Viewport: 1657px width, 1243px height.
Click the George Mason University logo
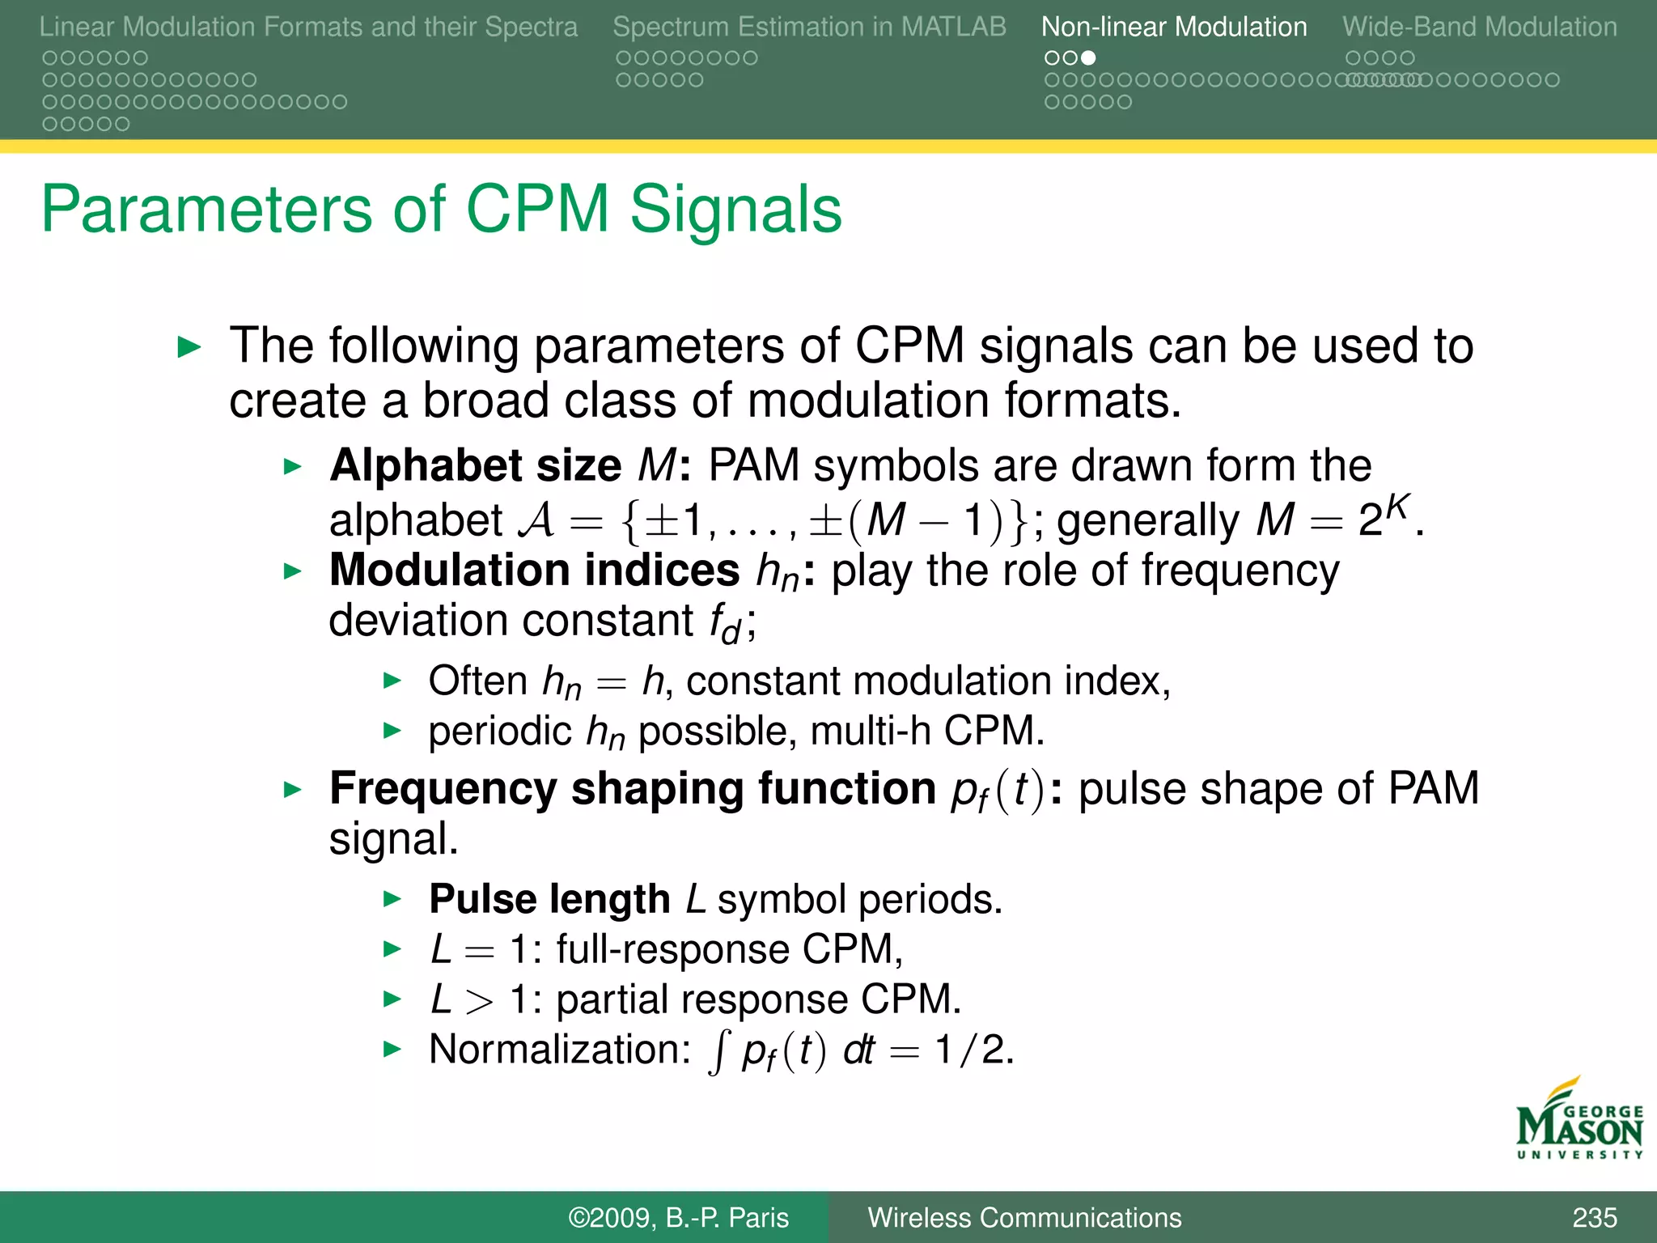[x=1578, y=1121]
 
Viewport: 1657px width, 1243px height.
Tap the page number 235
[x=1594, y=1217]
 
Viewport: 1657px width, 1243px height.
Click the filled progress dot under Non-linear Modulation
[x=1088, y=58]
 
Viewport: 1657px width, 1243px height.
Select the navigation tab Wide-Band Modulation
[x=1479, y=27]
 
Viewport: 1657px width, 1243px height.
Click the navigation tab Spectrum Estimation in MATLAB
[x=809, y=27]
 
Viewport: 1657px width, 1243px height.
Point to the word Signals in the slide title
[x=735, y=209]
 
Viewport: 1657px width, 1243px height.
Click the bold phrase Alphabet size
[x=475, y=466]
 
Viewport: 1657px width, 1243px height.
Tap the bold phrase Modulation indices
[x=534, y=570]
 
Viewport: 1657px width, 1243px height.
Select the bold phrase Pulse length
[x=549, y=899]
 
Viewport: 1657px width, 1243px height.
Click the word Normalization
[x=559, y=1050]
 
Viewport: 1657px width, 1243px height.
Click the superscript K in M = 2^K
[x=1397, y=507]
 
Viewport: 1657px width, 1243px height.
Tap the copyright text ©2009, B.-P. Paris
[x=678, y=1217]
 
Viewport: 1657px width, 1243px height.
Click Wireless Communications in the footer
[x=1024, y=1217]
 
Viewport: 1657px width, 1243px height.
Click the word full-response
[x=672, y=949]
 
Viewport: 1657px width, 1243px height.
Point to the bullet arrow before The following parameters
[x=189, y=348]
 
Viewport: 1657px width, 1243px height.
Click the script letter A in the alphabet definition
[x=536, y=520]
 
